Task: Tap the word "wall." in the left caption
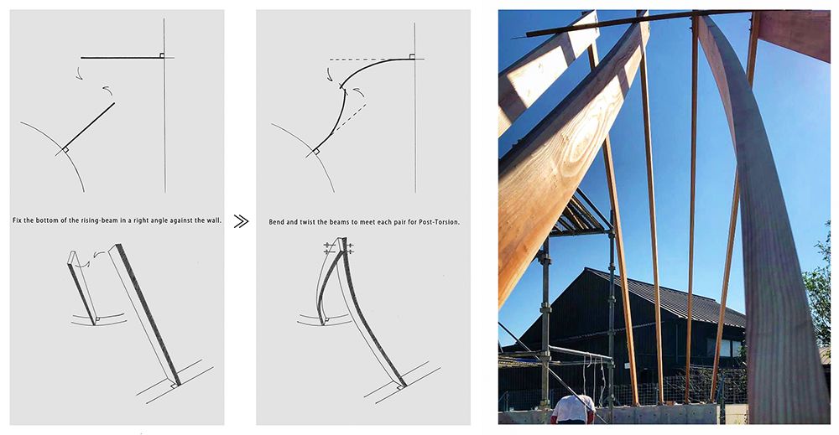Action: point(213,220)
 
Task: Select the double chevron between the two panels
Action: point(241,221)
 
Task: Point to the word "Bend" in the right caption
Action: point(276,222)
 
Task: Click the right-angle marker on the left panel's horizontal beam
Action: point(161,55)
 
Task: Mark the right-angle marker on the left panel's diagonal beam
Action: point(65,150)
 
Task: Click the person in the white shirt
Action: point(573,410)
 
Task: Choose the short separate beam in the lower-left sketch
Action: point(82,287)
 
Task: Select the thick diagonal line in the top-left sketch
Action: point(89,126)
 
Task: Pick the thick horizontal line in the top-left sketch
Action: point(121,57)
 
